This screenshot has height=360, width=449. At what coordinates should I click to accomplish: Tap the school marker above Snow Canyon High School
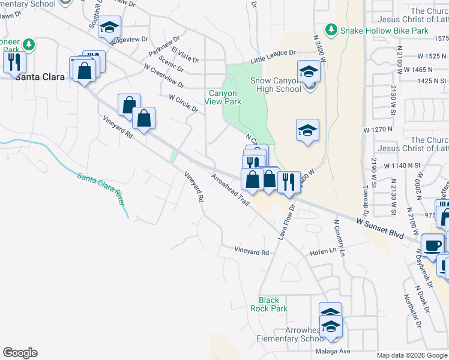pos(309,71)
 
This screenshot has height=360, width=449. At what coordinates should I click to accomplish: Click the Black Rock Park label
pos(273,304)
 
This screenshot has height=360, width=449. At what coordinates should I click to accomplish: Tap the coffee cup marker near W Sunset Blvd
pos(432,245)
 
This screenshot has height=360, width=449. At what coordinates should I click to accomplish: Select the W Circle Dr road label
pos(183,103)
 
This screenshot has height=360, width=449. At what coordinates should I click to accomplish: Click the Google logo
pos(20,353)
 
